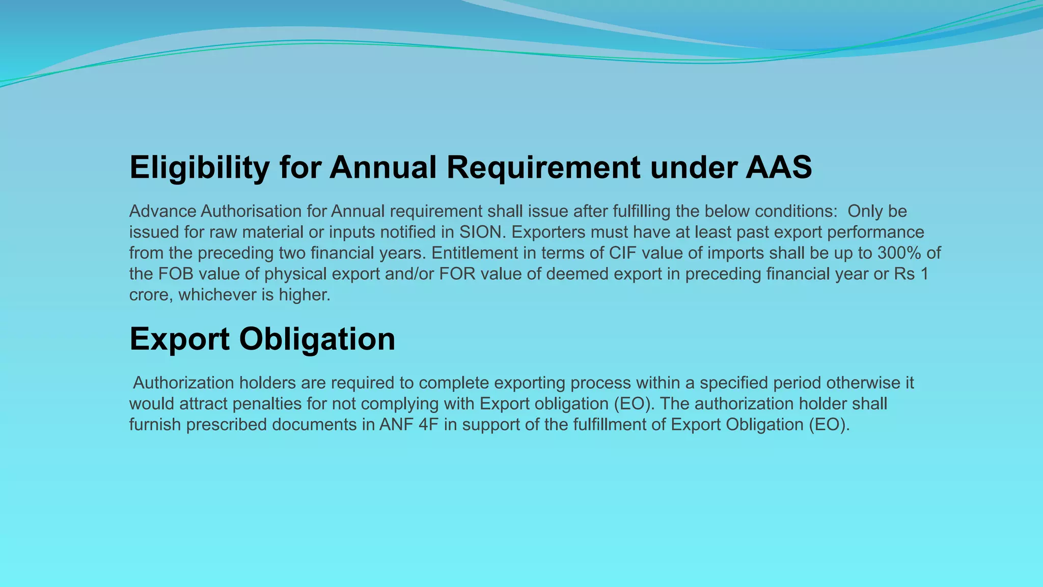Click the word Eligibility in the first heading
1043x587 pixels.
click(199, 167)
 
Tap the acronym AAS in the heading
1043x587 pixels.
click(779, 167)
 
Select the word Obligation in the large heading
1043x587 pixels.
click(317, 339)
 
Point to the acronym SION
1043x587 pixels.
click(480, 232)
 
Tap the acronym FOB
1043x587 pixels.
click(176, 274)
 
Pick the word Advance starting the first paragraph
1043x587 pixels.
click(162, 211)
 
